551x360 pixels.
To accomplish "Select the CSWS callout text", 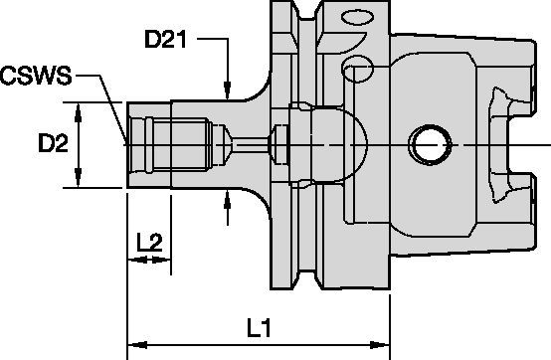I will point(36,76).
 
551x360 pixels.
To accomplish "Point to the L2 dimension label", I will point(149,242).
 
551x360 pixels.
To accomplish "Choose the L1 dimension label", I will point(262,326).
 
